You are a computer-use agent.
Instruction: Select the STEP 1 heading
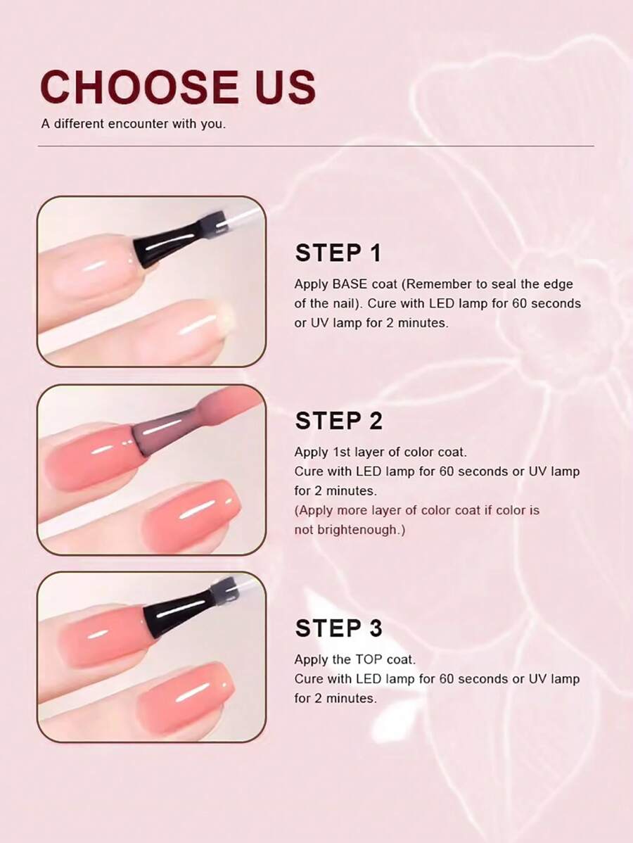(338, 253)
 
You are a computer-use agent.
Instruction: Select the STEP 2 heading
(338, 421)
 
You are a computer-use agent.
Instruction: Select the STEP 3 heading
(338, 628)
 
